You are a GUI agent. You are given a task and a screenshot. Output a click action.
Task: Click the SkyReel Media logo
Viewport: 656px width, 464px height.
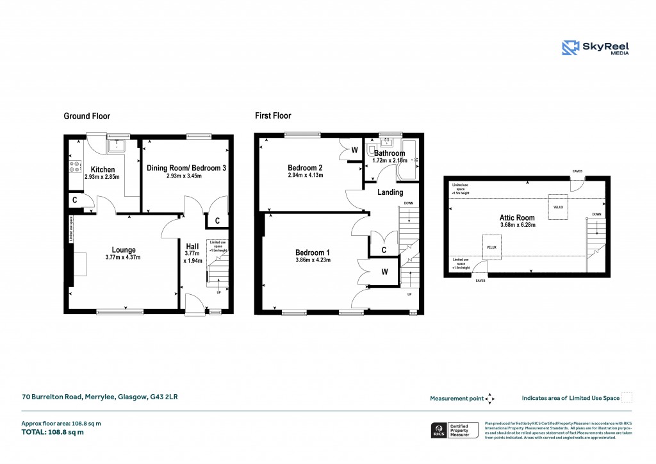(x=595, y=48)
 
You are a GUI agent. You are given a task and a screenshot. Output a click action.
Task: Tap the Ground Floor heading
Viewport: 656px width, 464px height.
(x=86, y=116)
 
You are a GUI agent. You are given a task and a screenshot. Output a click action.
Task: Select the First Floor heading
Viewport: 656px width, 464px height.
(x=273, y=116)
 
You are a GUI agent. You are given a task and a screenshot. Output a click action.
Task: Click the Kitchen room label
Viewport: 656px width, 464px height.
(x=102, y=169)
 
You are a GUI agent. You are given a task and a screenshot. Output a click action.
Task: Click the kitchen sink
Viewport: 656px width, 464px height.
(x=117, y=146)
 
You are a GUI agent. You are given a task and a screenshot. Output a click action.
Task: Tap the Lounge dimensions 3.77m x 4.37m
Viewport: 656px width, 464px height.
(x=124, y=257)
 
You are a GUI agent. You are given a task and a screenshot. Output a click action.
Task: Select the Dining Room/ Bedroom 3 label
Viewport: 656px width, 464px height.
(x=186, y=168)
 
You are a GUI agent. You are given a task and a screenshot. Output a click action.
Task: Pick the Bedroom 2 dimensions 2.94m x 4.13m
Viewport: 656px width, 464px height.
(x=304, y=175)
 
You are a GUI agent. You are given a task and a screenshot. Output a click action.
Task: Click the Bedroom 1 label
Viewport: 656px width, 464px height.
(x=313, y=252)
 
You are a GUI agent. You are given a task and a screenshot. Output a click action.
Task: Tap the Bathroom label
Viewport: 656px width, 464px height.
(x=389, y=153)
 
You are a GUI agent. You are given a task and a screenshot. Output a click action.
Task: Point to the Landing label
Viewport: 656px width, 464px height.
(x=390, y=192)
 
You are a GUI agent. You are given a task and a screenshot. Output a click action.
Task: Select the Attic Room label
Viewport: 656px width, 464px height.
(x=517, y=218)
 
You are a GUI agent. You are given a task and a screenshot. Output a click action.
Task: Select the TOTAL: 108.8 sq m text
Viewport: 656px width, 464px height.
(x=53, y=432)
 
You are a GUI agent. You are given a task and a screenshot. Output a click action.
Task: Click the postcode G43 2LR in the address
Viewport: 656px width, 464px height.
(x=164, y=397)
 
